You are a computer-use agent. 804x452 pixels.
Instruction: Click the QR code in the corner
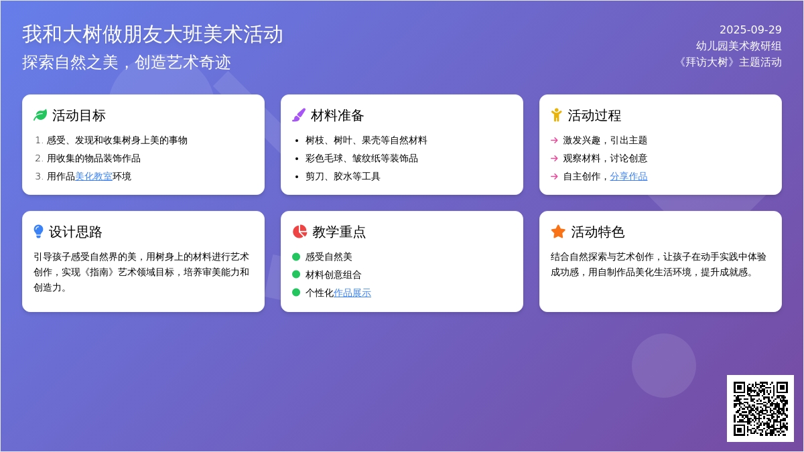pos(760,408)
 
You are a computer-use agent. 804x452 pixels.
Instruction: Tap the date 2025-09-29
pos(750,29)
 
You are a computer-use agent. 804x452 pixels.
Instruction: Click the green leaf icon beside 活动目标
pos(40,115)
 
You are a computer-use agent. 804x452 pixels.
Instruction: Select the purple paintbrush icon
pos(299,115)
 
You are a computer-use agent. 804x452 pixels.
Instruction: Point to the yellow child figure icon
pos(556,115)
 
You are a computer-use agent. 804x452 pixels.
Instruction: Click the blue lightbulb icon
pos(38,232)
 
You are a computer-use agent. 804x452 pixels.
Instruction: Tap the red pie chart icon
pos(299,232)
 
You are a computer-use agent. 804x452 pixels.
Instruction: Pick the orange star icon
pos(558,232)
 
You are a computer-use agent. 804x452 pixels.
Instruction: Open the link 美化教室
pos(94,177)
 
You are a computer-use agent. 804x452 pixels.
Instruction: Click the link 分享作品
pos(628,177)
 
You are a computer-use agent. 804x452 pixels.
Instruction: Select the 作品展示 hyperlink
pos(352,293)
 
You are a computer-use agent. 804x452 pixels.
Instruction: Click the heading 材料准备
pos(338,115)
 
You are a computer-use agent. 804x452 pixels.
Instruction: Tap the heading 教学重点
pos(339,232)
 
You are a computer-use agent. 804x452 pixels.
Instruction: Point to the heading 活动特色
pos(598,232)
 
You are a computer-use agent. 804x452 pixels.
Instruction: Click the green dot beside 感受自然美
pos(296,257)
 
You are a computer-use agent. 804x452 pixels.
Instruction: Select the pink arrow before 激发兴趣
pos(554,140)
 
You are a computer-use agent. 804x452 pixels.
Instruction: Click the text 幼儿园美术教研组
pos(738,46)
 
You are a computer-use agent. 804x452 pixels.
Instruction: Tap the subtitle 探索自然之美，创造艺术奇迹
pos(127,62)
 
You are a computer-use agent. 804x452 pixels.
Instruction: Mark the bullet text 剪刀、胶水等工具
pos(342,177)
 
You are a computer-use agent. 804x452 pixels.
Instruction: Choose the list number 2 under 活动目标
pos(38,159)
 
